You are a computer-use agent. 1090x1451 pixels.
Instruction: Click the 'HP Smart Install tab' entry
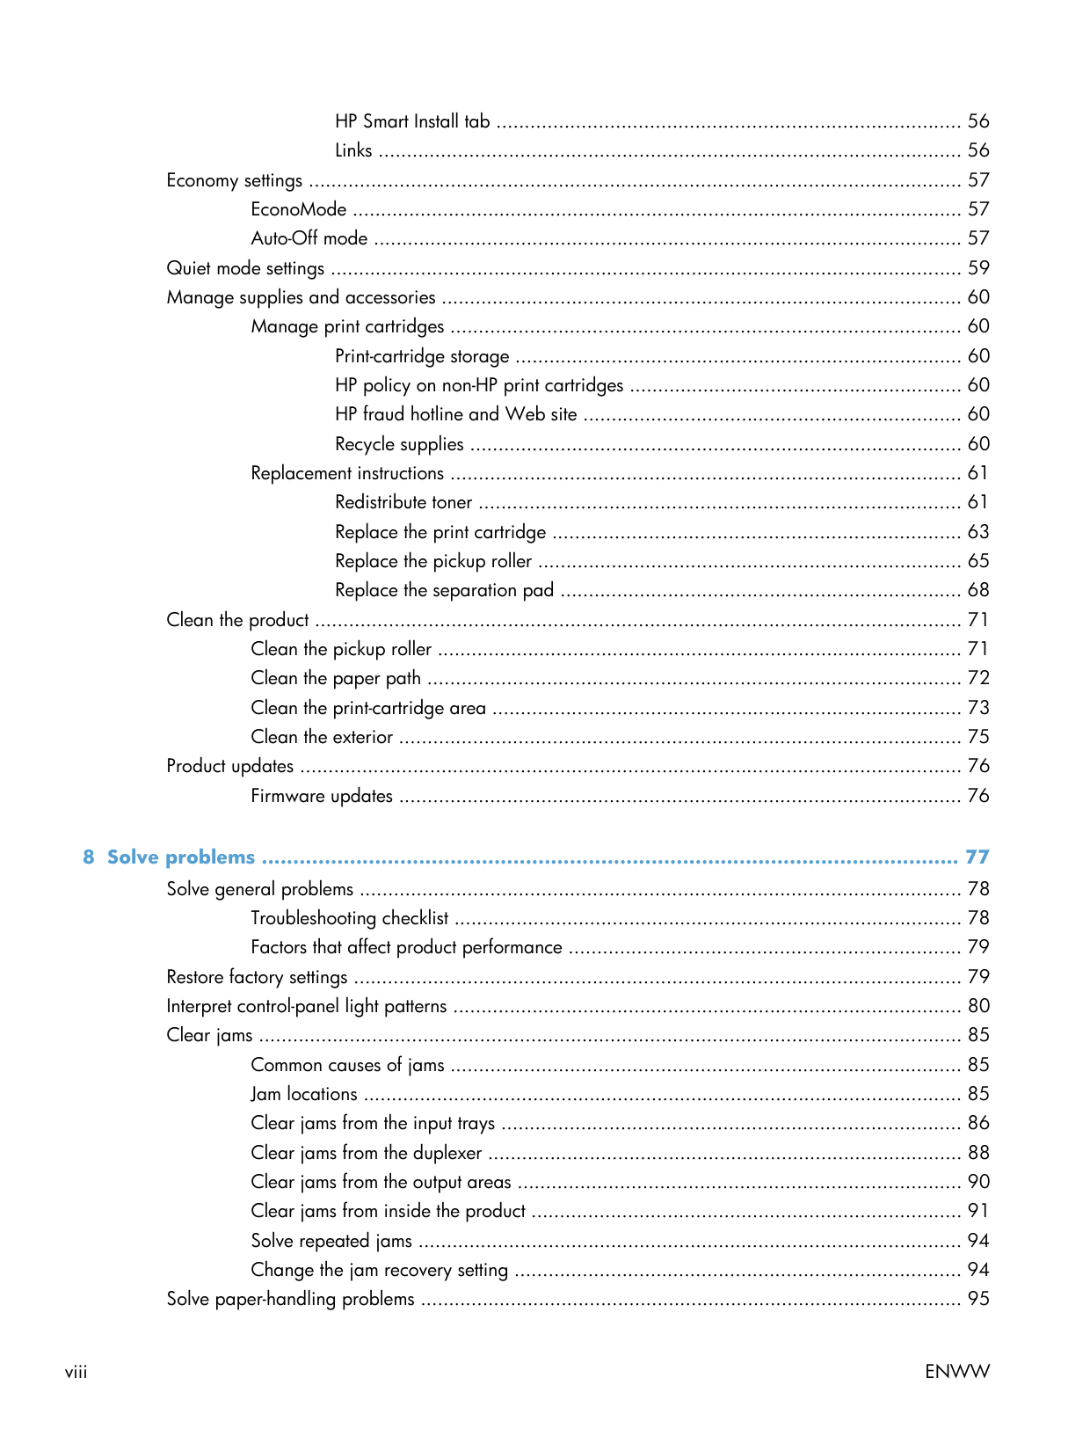pyautogui.click(x=412, y=121)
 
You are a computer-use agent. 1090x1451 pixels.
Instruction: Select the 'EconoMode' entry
pyautogui.click(x=298, y=209)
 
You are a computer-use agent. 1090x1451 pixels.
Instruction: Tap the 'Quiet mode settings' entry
pyautogui.click(x=245, y=268)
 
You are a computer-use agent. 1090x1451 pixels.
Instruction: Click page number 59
pyautogui.click(x=978, y=268)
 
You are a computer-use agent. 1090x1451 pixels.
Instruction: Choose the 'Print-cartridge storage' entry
pyautogui.click(x=422, y=356)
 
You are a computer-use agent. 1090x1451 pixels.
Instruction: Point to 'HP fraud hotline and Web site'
pyautogui.click(x=455, y=414)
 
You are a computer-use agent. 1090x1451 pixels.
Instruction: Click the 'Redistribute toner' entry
pyautogui.click(x=403, y=502)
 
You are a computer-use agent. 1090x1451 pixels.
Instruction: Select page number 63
pyautogui.click(x=978, y=532)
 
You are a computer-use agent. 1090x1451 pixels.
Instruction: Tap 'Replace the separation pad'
pyautogui.click(x=444, y=590)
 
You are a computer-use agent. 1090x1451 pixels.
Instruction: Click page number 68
pyautogui.click(x=978, y=590)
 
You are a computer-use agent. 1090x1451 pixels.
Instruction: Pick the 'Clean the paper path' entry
pyautogui.click(x=336, y=678)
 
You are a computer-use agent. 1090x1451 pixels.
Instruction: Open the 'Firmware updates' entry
pyautogui.click(x=322, y=796)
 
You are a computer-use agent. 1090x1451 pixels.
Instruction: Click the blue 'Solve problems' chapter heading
pyautogui.click(x=181, y=857)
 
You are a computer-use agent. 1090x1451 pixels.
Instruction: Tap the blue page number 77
pyautogui.click(x=977, y=857)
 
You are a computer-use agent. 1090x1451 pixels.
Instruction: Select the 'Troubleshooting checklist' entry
pyautogui.click(x=350, y=918)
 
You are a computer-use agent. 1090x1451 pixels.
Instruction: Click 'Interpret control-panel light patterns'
pyautogui.click(x=307, y=1006)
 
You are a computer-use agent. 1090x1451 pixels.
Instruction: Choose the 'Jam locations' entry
pyautogui.click(x=304, y=1094)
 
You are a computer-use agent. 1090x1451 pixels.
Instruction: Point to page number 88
pyautogui.click(x=978, y=1153)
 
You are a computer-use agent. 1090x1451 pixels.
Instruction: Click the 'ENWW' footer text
pyautogui.click(x=957, y=1372)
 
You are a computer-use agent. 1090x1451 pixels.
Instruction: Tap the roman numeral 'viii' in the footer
pyautogui.click(x=76, y=1372)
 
